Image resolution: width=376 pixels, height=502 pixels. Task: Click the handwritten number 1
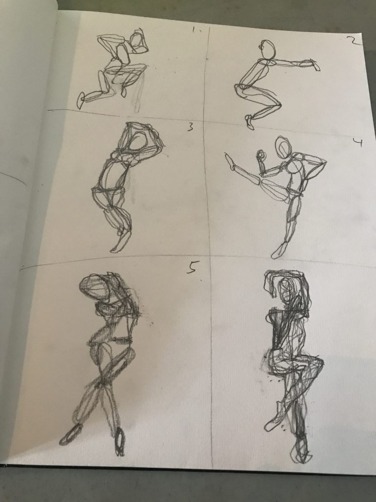coord(195,30)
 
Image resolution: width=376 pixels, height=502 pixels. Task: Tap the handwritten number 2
coord(354,41)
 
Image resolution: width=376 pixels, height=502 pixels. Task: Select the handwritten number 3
coord(190,127)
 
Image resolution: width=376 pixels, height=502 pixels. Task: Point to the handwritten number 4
coord(358,142)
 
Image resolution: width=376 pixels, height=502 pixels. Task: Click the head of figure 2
coord(268,50)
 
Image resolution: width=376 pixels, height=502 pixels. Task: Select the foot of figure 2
coord(249,122)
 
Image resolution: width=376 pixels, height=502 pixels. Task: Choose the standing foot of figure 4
coord(278,251)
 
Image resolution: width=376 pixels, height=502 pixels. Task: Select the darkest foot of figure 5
coord(119,441)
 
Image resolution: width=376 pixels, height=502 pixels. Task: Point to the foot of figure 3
coord(119,242)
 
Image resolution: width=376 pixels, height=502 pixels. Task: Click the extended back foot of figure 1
coord(81,100)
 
